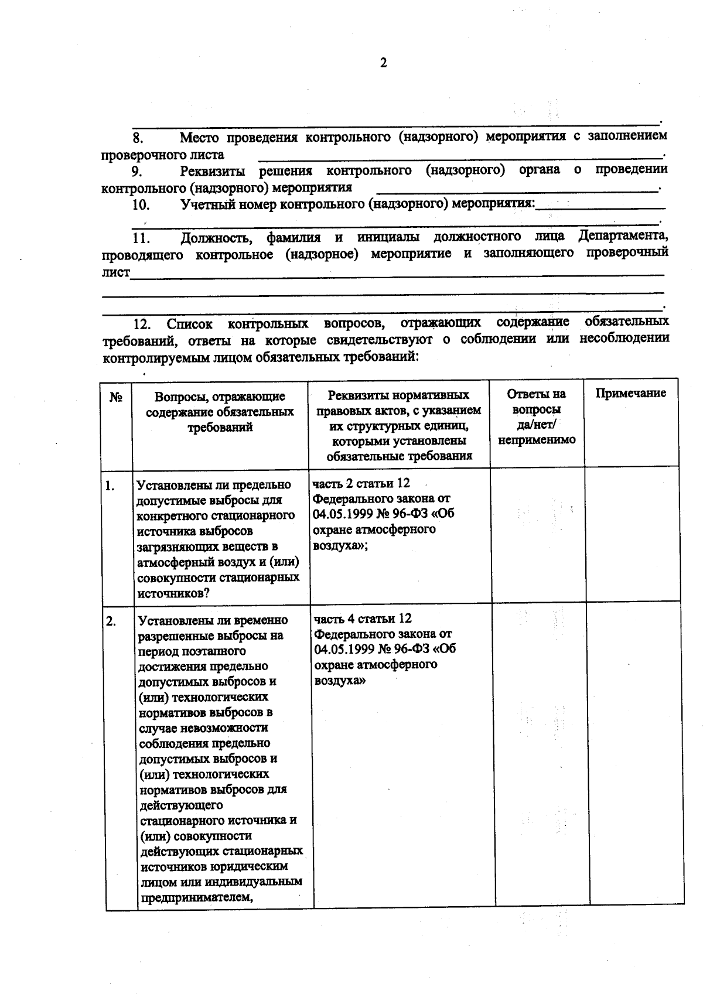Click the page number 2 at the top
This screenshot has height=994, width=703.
383,63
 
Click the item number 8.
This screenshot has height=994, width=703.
138,139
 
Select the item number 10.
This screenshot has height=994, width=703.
141,205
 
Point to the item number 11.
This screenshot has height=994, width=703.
142,238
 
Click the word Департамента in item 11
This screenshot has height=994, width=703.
623,235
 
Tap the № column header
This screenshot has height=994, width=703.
116,398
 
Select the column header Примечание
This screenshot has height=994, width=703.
630,393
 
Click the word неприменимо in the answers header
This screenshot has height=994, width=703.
537,440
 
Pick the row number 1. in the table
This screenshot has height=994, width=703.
110,486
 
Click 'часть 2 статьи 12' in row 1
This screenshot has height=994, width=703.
361,483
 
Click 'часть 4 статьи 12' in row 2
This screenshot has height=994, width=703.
363,619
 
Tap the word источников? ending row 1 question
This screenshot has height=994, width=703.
166,593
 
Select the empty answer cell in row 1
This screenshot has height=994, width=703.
537,535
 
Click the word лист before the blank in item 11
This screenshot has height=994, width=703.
115,272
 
